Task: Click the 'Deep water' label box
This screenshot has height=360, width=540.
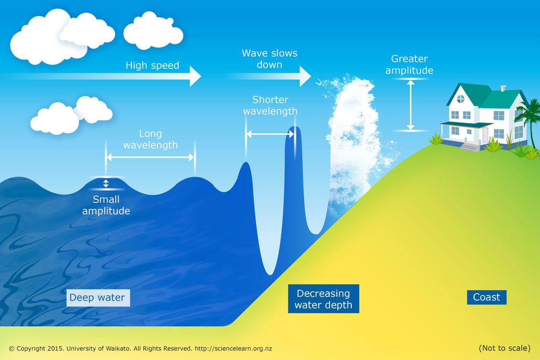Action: click(x=98, y=298)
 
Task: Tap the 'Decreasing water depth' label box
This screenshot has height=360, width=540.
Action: click(x=324, y=299)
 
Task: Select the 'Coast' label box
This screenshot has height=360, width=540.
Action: click(x=486, y=297)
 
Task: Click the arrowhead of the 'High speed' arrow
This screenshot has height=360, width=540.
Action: click(x=195, y=76)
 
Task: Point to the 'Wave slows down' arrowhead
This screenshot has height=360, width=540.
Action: click(x=305, y=76)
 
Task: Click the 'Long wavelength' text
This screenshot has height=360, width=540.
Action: click(x=151, y=139)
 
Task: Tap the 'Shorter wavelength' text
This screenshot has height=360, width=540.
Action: click(x=270, y=105)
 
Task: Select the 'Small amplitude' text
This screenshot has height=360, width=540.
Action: click(x=106, y=205)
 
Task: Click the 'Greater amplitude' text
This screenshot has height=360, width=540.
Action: click(x=409, y=65)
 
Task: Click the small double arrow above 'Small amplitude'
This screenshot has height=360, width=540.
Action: click(x=106, y=183)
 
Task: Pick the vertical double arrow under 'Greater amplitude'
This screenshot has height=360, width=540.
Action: click(x=410, y=105)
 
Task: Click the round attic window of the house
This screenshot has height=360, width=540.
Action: click(x=461, y=99)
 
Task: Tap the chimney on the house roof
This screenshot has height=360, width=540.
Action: click(x=503, y=88)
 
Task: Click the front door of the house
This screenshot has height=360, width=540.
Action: click(x=485, y=135)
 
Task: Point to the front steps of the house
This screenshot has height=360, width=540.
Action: click(x=470, y=147)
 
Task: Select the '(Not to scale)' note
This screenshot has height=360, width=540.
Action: click(x=505, y=349)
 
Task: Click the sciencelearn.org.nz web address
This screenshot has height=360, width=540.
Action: click(x=234, y=349)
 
